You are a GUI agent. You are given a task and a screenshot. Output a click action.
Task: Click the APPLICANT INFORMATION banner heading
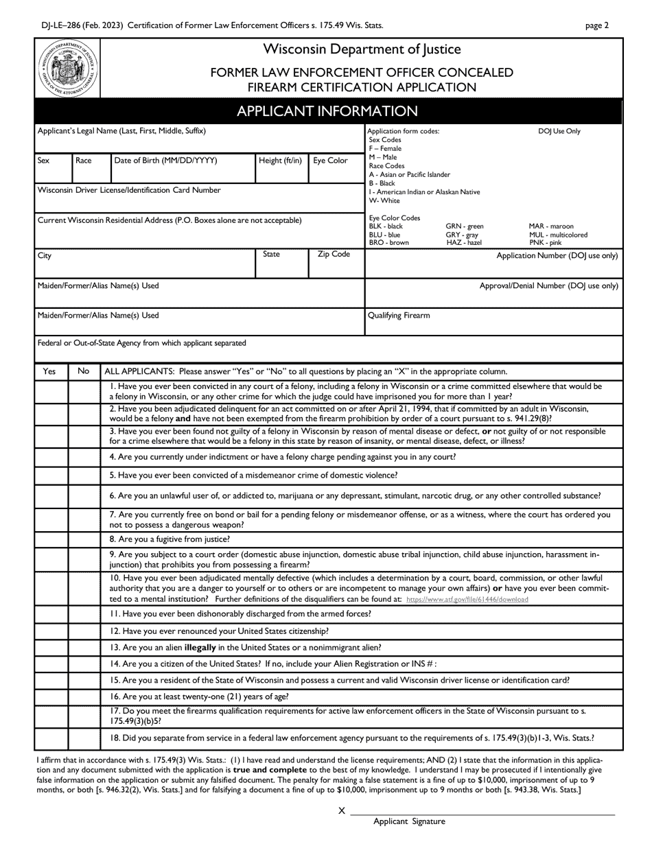click(327, 111)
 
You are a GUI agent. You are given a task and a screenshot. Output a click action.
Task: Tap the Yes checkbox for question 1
click(51, 391)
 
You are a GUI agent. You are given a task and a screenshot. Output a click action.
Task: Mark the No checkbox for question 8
click(84, 539)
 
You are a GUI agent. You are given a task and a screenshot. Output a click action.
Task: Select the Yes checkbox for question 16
click(51, 696)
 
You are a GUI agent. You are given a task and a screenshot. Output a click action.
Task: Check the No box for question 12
click(84, 631)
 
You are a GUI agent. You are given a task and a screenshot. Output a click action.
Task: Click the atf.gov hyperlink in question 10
click(467, 599)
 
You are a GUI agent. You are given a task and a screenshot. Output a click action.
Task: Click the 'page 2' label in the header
click(596, 26)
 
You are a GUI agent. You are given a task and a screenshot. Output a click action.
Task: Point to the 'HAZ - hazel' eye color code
click(463, 243)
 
